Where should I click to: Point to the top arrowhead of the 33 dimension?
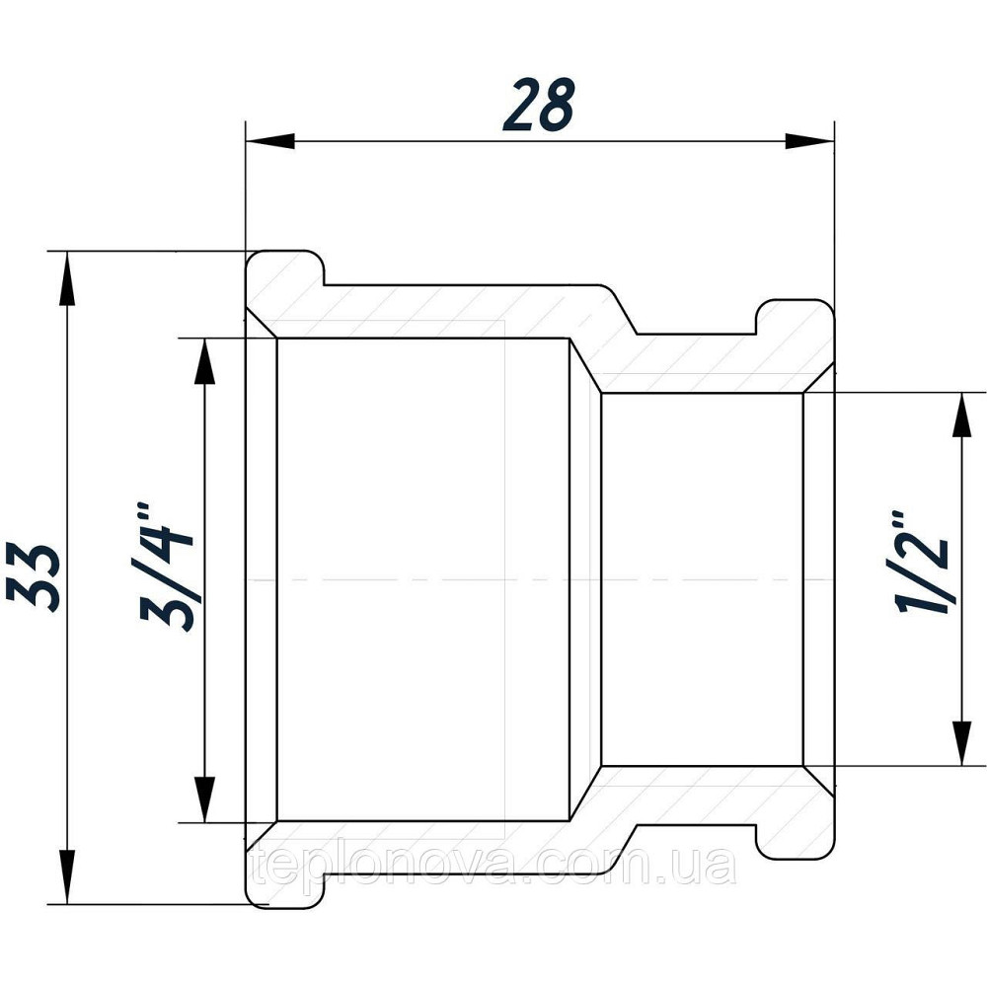tap(67, 276)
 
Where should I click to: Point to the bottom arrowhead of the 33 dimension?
tap(67, 878)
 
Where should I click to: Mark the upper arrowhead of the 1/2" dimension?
tap(959, 415)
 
